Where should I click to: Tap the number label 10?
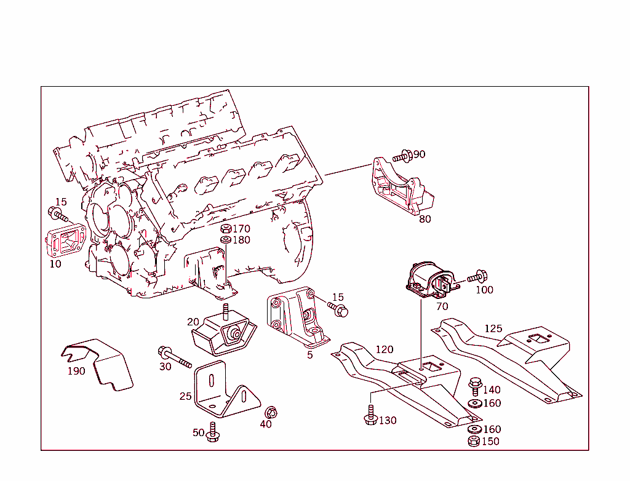tap(55, 264)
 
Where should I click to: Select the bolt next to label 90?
tap(401, 156)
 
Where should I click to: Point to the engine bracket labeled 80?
tap(400, 188)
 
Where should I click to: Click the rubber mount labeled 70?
tap(429, 280)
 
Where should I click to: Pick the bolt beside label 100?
tap(477, 277)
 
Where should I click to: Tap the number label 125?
tap(493, 328)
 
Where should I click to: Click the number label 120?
tap(385, 349)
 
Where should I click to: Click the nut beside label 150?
tap(474, 441)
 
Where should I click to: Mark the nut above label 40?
tap(269, 412)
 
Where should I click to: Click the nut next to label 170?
tap(225, 229)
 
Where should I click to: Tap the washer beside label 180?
tap(225, 240)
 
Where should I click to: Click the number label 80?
tap(425, 218)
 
